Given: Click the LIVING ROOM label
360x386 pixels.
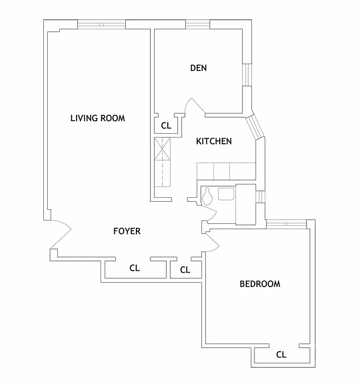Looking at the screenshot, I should (97, 118).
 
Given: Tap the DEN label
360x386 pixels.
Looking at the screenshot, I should (199, 68).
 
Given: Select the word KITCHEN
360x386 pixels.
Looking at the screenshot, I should (214, 141).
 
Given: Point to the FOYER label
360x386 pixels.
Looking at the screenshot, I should (127, 231).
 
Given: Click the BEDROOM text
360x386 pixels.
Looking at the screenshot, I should (260, 284).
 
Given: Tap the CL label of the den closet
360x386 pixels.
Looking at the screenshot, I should (166, 126).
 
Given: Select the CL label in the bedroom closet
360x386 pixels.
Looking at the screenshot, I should (281, 355).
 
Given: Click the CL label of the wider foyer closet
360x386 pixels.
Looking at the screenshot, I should (134, 268).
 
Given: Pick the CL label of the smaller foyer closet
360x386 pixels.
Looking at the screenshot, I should (185, 270).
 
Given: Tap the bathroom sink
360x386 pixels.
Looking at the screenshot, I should (226, 194).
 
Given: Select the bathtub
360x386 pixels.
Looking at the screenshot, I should (245, 204).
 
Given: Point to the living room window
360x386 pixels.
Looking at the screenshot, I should (102, 24).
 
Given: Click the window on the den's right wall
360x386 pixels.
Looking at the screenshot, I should (247, 74).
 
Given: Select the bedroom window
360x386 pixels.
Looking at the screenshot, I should (286, 223).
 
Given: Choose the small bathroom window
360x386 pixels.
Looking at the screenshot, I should (260, 197).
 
